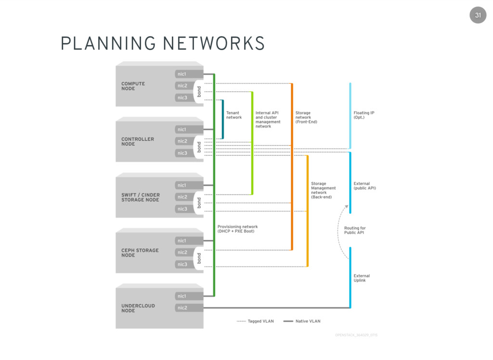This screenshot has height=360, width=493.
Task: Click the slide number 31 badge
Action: tap(478, 15)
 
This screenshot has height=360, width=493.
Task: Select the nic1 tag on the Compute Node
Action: tap(182, 74)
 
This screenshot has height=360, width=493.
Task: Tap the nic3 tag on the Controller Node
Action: tap(182, 153)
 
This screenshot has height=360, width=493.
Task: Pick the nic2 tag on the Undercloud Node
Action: tap(182, 307)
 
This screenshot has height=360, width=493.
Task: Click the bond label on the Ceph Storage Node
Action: tap(198, 258)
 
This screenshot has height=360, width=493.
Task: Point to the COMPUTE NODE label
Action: tap(133, 86)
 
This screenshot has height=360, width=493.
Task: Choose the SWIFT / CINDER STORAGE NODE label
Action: tap(141, 197)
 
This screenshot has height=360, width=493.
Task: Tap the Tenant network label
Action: tap(234, 115)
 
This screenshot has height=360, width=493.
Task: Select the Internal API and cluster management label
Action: tap(268, 120)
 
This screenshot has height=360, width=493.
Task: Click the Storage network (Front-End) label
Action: tap(306, 117)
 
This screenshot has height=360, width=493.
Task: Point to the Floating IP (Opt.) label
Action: tap(364, 115)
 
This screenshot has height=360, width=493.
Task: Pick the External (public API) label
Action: tap(364, 186)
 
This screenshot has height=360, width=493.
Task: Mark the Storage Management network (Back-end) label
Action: tap(323, 190)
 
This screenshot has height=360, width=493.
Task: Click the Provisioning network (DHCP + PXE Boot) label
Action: tap(237, 229)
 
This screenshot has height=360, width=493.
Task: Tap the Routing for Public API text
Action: tap(355, 230)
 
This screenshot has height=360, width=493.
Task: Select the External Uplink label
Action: tap(362, 278)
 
